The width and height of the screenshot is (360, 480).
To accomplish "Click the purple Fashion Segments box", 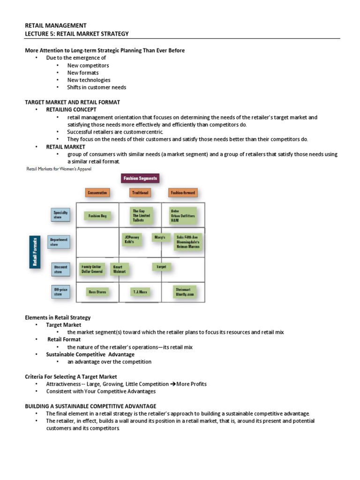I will pos(140,178).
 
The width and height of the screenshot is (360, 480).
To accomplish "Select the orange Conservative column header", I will pos(97,193).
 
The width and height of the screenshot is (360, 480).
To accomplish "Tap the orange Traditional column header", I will pos(140,193).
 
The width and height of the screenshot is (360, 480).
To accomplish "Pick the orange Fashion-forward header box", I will pos(183,193).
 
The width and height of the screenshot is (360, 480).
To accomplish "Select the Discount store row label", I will pos(60,270).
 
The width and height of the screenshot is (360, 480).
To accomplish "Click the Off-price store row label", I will pos(60,292).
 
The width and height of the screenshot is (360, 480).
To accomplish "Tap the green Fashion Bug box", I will pos(97,216).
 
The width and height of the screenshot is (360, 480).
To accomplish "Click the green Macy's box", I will pos(160,238).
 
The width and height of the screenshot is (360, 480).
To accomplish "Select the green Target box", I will pos(161,267).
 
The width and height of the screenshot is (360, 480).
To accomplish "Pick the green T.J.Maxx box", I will pos(140,292).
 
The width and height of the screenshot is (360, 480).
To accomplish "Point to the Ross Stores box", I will pos(97,292).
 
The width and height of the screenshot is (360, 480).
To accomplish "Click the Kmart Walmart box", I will pos(120,269).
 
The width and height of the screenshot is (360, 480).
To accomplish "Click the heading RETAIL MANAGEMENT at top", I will pos(55,25).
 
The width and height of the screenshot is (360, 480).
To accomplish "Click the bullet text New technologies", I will pos(89,80).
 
